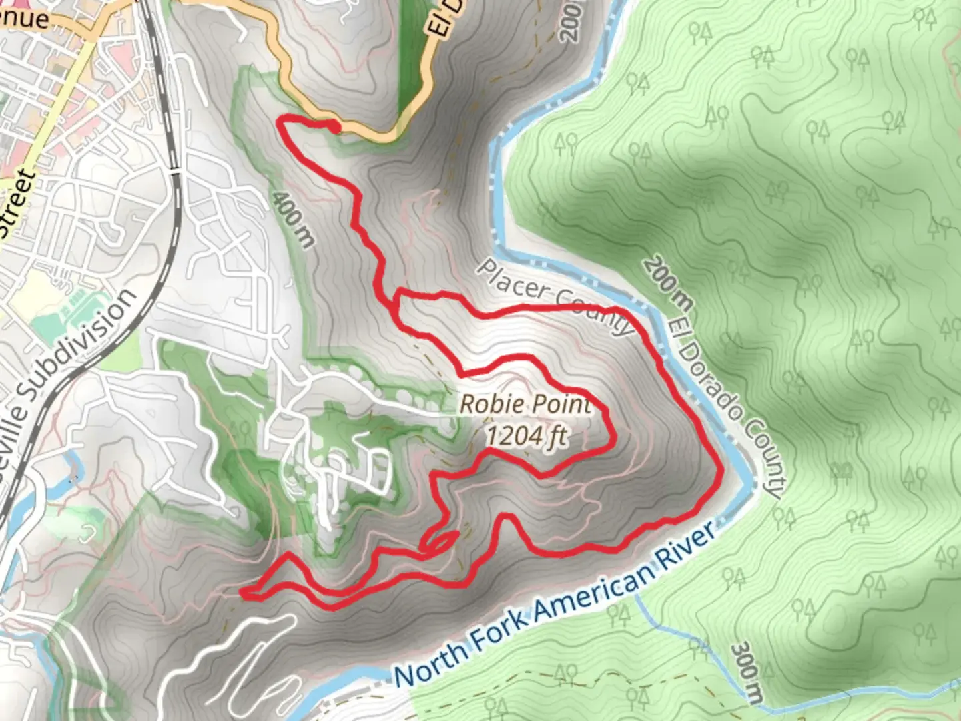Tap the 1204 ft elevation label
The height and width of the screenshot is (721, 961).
click(x=527, y=436)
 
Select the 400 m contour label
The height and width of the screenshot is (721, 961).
click(x=292, y=218)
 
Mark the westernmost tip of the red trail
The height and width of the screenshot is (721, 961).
click(x=244, y=592)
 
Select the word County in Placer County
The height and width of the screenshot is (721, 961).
click(x=595, y=312)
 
